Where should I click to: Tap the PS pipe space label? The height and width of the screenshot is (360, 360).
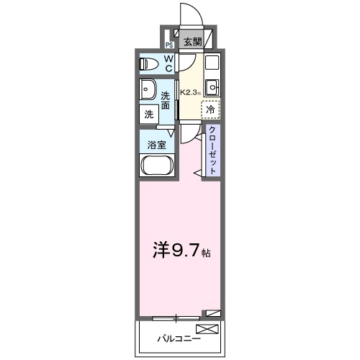[x=169, y=44]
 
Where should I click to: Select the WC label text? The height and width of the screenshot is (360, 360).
[x=168, y=64]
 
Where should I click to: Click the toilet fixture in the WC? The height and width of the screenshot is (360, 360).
[x=150, y=63]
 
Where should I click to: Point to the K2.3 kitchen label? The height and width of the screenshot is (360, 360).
[x=189, y=92]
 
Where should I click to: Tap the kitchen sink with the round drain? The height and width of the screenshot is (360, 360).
[x=211, y=89]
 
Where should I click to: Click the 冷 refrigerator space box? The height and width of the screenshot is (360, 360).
[x=210, y=109]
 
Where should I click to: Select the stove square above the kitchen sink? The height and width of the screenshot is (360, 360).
[x=211, y=63]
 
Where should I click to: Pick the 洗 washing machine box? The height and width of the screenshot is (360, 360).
[x=148, y=114]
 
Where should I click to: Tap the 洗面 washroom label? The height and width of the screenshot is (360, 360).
[x=166, y=100]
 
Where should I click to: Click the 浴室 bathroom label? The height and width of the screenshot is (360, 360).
[x=157, y=144]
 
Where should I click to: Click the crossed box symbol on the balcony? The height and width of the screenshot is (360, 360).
[x=206, y=330]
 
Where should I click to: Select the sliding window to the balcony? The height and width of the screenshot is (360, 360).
[x=176, y=317]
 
